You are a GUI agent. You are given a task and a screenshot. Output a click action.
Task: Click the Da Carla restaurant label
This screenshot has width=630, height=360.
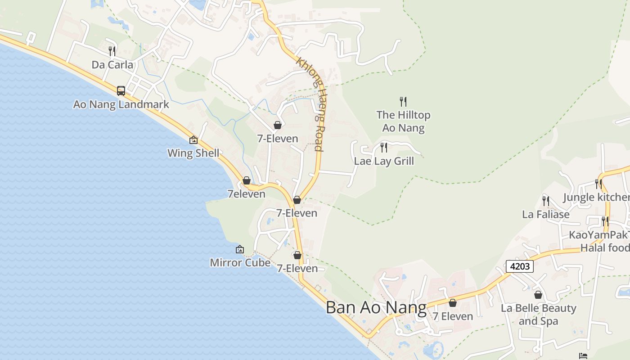112,65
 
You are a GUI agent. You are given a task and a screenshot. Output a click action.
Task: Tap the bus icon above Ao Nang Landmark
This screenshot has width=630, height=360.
121,91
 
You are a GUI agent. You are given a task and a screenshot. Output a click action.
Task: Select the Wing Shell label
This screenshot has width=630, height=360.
193,153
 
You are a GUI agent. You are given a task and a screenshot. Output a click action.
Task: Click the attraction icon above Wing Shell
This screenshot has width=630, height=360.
193,140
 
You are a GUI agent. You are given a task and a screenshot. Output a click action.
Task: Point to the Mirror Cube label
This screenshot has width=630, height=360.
240,262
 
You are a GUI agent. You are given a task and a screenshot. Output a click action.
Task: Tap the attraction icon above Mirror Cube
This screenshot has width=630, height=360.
240,249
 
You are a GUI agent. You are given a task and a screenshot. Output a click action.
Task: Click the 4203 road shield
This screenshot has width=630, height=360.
520,266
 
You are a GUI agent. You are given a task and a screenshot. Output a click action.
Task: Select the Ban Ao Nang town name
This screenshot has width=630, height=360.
376,308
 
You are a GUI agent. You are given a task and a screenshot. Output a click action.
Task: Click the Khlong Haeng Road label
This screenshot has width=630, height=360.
310,103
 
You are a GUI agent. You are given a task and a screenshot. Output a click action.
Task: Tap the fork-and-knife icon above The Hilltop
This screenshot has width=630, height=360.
403,102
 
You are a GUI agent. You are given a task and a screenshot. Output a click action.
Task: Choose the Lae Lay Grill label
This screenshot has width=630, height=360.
384,161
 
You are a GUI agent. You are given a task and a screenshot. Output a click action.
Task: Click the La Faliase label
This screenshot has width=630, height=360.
545,214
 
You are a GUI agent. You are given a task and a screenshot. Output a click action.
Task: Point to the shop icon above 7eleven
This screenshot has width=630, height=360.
247,180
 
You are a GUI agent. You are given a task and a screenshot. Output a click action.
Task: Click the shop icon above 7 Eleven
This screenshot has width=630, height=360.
453,303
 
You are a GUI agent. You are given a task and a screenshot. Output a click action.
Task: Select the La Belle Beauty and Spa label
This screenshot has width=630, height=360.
538,315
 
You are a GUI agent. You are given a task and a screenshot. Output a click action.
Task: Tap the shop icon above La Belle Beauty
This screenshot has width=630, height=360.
538,295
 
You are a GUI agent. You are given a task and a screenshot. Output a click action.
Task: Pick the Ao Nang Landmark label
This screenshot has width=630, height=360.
121,104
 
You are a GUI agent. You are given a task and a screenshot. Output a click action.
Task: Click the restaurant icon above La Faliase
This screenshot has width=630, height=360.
546,201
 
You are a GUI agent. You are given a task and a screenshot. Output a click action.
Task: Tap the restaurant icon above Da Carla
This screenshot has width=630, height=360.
112,51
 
